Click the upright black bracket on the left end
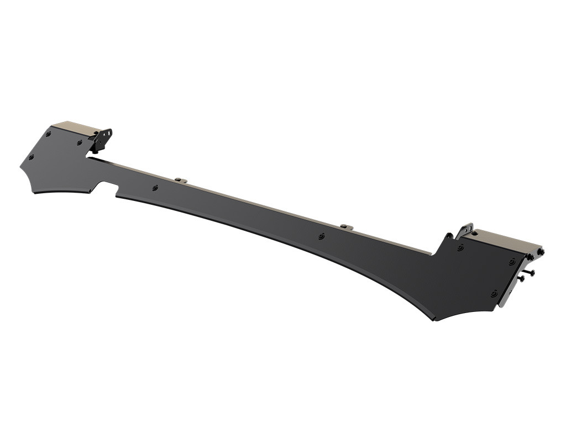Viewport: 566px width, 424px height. click(x=102, y=139)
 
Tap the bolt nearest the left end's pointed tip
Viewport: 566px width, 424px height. click(x=31, y=157)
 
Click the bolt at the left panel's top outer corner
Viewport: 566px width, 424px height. click(x=49, y=134)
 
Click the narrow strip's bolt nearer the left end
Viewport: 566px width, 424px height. click(x=155, y=188)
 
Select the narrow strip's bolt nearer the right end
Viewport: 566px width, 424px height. click(x=322, y=236)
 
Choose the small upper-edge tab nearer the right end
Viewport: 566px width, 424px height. click(x=347, y=226)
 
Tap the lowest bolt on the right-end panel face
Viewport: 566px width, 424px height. click(x=494, y=293)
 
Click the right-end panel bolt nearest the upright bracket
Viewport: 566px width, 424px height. click(x=460, y=248)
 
